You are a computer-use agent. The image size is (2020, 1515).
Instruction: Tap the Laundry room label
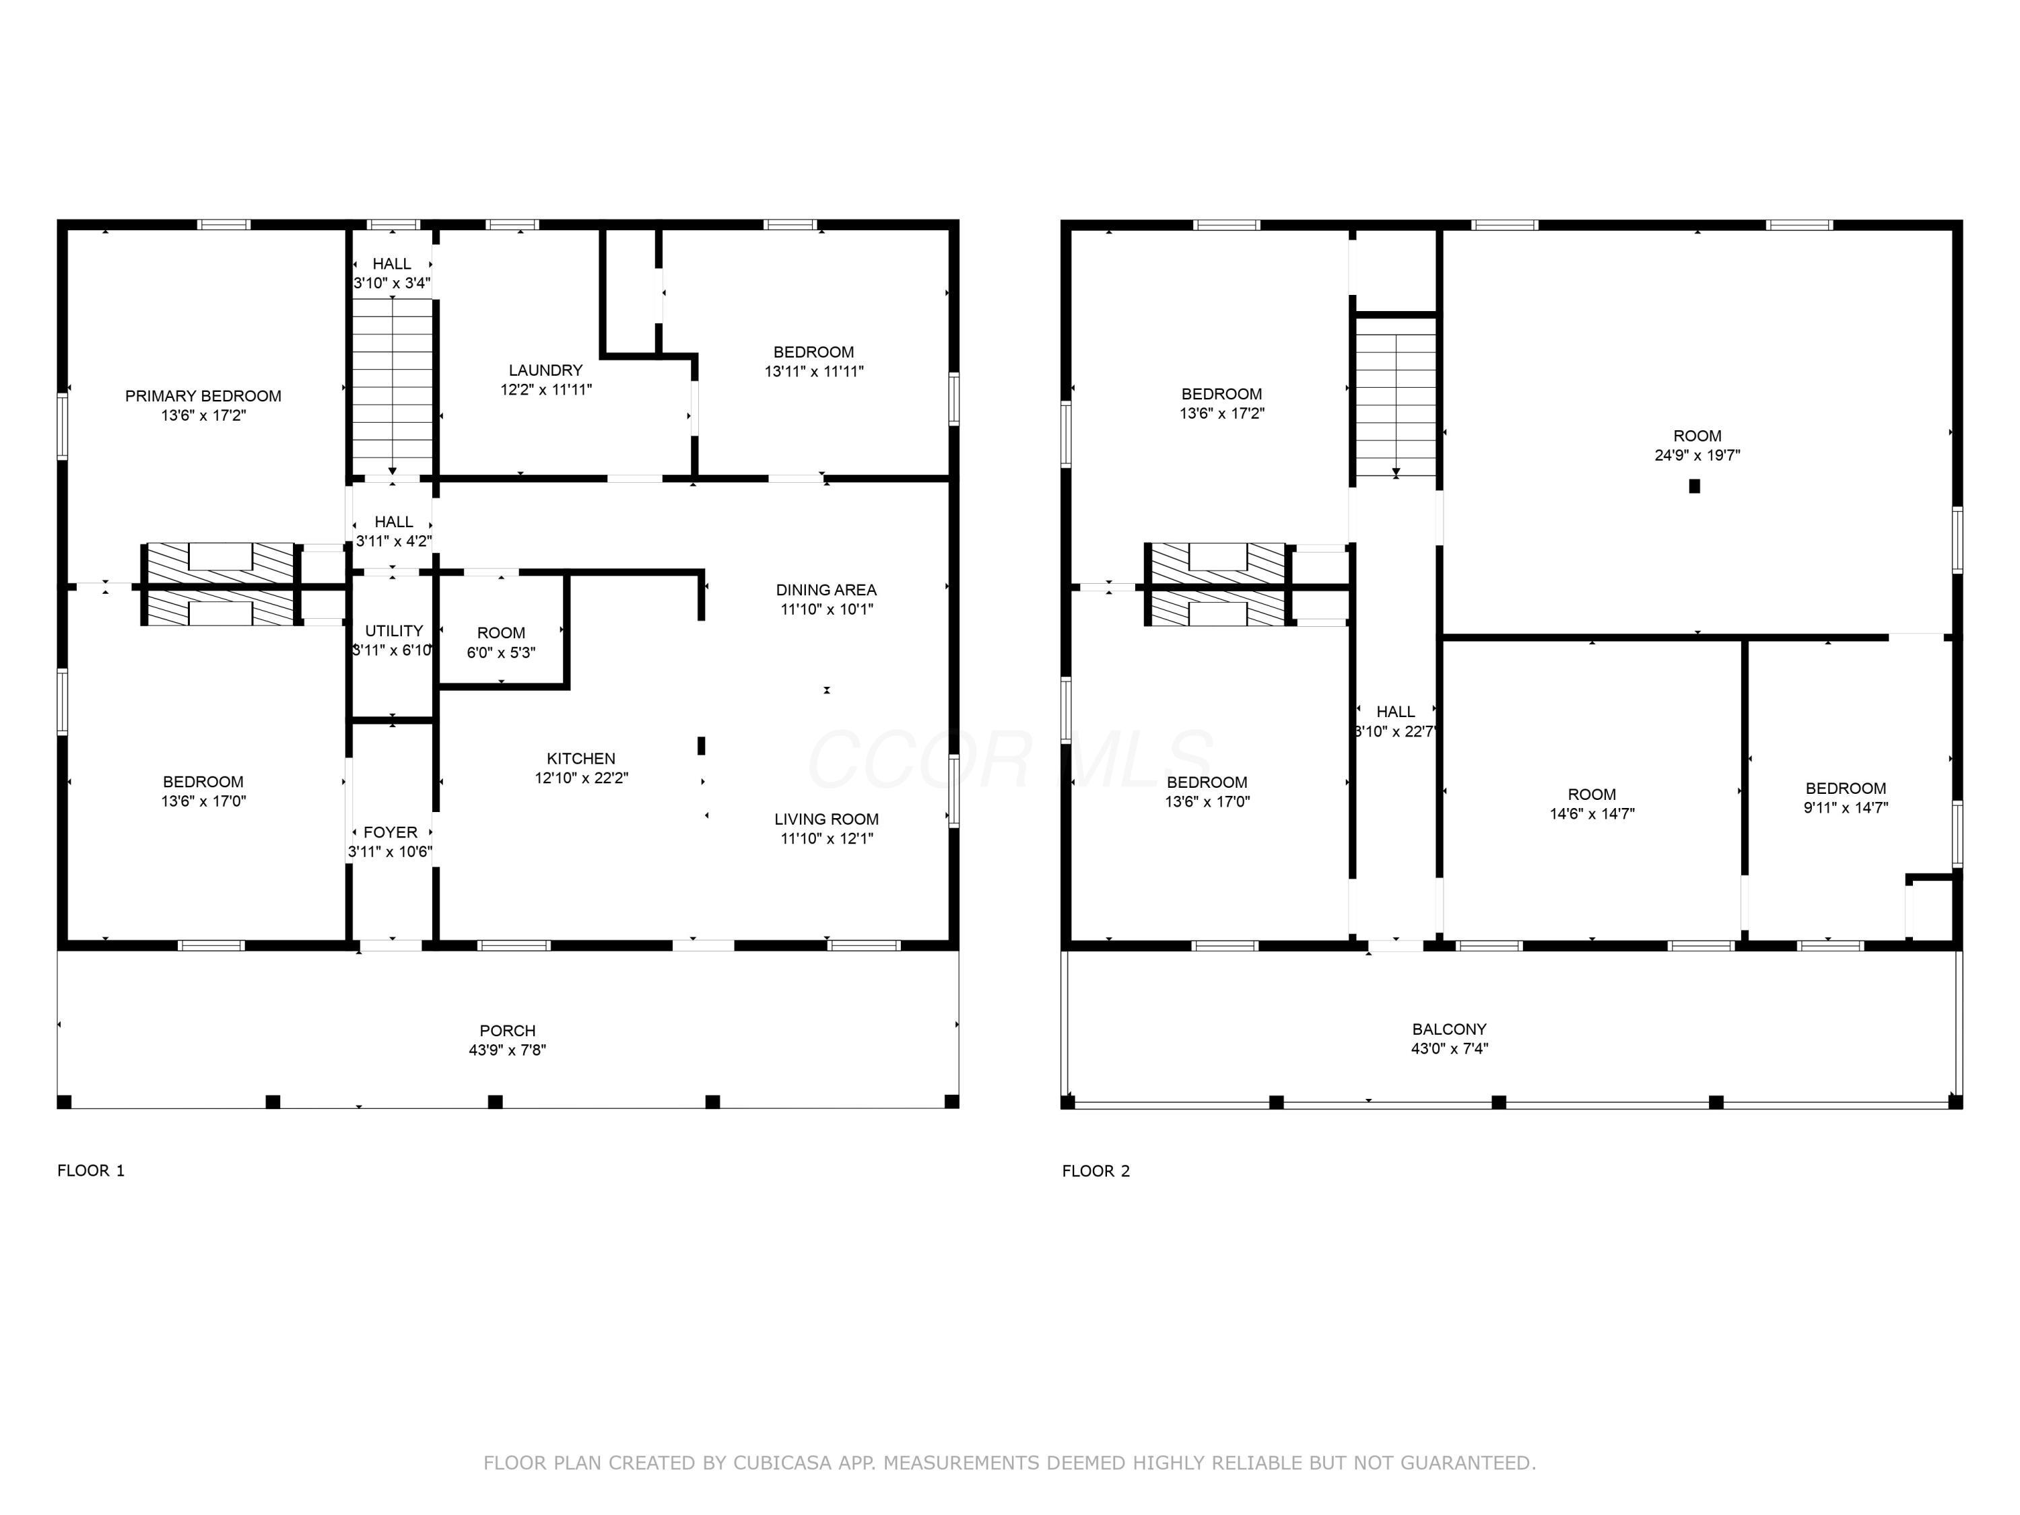(545, 370)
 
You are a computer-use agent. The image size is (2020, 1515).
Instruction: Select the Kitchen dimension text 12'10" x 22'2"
(581, 778)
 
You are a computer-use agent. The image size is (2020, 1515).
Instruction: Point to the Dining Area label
(826, 590)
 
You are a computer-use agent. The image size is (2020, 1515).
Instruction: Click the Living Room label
(826, 819)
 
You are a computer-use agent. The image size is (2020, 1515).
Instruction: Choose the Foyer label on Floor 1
(390, 832)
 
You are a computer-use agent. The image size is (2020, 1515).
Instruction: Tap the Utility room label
(394, 631)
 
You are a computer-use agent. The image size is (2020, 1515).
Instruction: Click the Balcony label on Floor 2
(1449, 1029)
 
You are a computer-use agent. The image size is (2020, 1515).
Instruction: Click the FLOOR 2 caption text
(1096, 1171)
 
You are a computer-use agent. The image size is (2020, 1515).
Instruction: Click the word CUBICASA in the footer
(782, 1463)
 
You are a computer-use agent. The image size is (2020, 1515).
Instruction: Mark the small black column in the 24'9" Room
(1694, 486)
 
